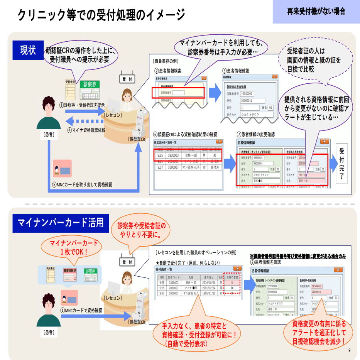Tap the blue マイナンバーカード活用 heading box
tap(61, 223)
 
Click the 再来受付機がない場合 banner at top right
tap(316, 12)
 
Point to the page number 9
tap(350, 350)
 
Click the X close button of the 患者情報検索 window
tap(205, 78)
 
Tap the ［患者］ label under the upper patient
tap(48, 135)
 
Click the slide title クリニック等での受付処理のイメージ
tap(101, 15)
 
